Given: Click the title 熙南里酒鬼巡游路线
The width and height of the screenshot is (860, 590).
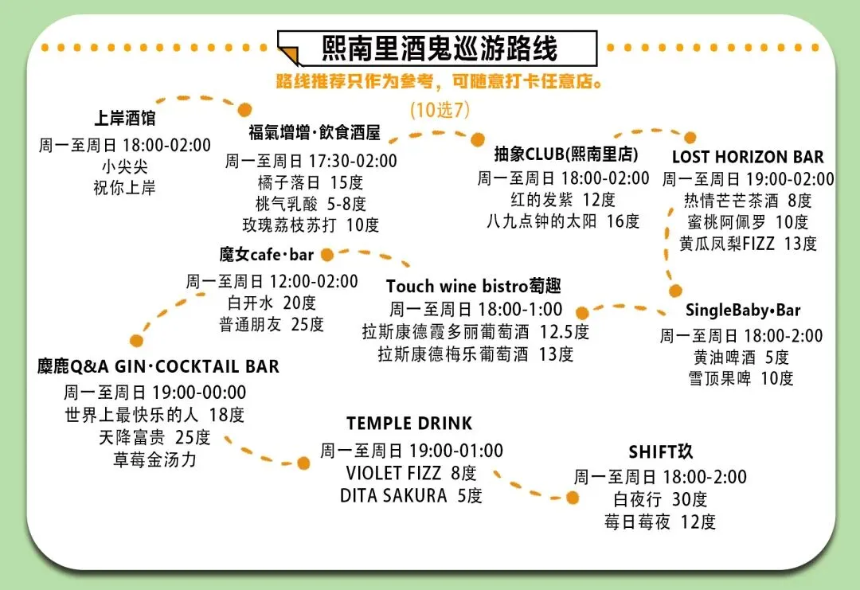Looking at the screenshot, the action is (x=439, y=49).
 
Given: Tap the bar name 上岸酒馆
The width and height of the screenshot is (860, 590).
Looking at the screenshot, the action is (x=124, y=118).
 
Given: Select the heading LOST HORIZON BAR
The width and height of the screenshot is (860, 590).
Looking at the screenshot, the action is (x=748, y=157).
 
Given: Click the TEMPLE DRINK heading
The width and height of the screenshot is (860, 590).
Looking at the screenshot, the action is (x=409, y=424).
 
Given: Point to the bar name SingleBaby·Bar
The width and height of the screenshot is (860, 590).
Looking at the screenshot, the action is (x=743, y=311).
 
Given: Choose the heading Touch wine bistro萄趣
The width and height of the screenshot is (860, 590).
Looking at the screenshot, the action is (x=473, y=286).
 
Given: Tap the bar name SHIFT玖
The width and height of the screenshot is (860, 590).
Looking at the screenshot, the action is (x=660, y=451).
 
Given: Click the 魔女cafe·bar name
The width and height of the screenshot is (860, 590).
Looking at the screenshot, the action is (x=267, y=255).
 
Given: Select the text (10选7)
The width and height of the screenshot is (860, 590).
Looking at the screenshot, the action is (x=440, y=110).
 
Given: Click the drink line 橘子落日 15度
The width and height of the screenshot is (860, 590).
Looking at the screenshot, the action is (x=311, y=182).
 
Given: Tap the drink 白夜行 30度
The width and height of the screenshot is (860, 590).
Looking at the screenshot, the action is (x=660, y=499).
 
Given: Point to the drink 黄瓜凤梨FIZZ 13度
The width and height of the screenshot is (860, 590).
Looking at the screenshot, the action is (x=748, y=244).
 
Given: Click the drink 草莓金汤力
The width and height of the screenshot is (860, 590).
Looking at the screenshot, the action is (x=154, y=459).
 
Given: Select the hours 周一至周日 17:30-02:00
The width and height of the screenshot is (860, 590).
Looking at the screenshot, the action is (x=311, y=161).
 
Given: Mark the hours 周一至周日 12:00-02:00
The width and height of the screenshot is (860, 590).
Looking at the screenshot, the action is (x=272, y=281).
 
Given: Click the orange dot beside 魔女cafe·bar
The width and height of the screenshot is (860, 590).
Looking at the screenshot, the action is (x=327, y=255).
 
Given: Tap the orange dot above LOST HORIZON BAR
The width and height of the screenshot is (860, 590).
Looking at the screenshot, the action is (x=690, y=138).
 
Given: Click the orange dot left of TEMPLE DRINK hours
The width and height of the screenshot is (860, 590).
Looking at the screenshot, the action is (x=303, y=463).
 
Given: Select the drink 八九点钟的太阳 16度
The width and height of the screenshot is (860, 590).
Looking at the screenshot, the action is (x=563, y=221).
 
